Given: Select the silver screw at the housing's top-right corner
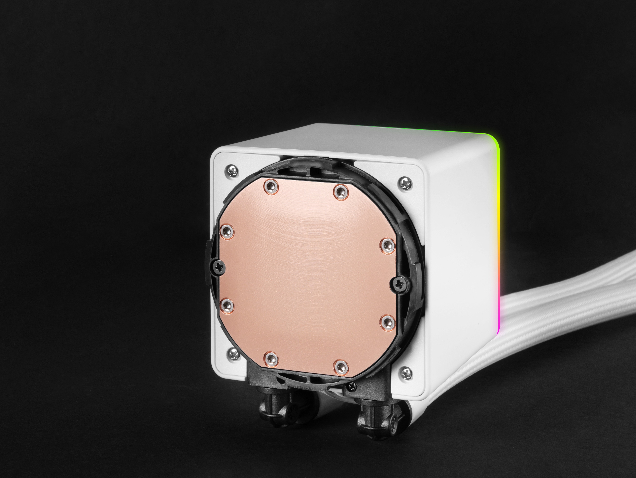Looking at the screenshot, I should (405, 183).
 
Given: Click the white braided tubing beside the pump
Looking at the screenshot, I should (561, 311).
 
